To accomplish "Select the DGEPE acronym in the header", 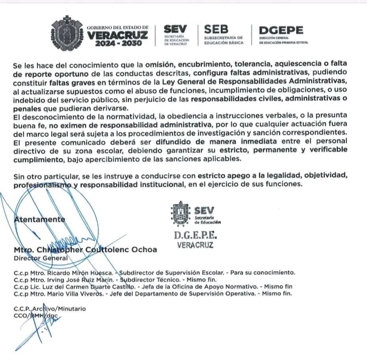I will (281, 30).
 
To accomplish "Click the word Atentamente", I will (39, 219).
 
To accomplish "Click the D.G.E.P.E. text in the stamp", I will (196, 236).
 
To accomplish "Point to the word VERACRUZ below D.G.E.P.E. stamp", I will (195, 245).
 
